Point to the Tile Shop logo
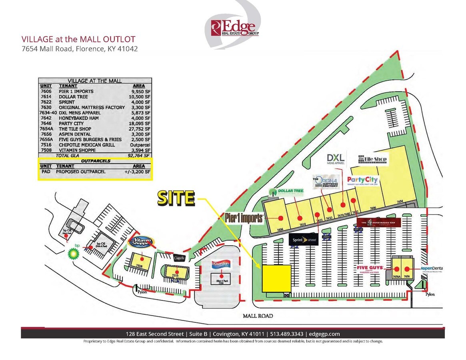point(372,159)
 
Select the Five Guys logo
point(370,269)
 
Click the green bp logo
point(73,253)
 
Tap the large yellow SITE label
point(176,198)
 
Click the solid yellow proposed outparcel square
point(276,278)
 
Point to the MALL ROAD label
point(258,316)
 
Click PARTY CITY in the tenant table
point(72,124)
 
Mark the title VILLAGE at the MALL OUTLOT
point(78,39)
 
